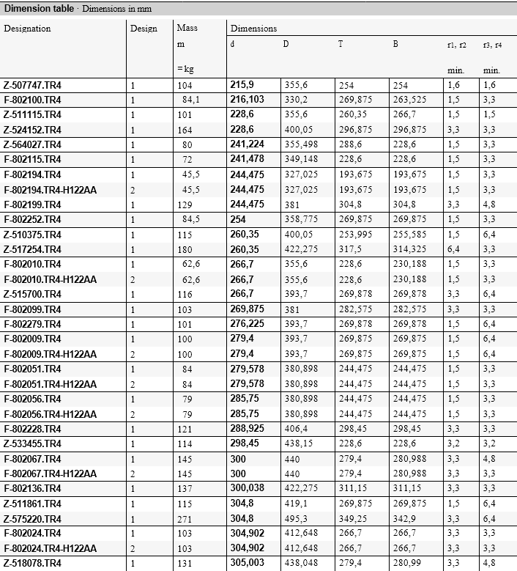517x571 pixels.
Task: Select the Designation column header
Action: coord(27,29)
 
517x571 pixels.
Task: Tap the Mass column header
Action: coord(187,29)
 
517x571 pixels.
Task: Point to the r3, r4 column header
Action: coord(491,45)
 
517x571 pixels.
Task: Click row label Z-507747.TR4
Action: coord(32,85)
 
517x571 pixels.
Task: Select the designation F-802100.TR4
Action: coord(32,100)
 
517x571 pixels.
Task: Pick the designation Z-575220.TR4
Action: coord(32,518)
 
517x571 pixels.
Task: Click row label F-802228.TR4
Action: coord(32,429)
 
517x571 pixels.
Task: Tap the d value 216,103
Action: coord(247,100)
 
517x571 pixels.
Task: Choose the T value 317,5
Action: coord(350,249)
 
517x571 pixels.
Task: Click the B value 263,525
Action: coord(409,100)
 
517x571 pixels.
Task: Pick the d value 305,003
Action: coord(247,563)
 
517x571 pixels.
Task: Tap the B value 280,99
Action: coord(406,563)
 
